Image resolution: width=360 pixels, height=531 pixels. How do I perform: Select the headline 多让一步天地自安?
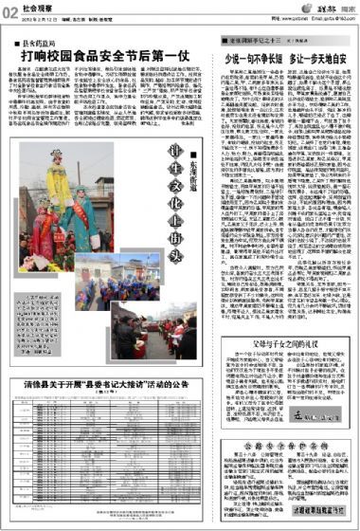click(x=309, y=61)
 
